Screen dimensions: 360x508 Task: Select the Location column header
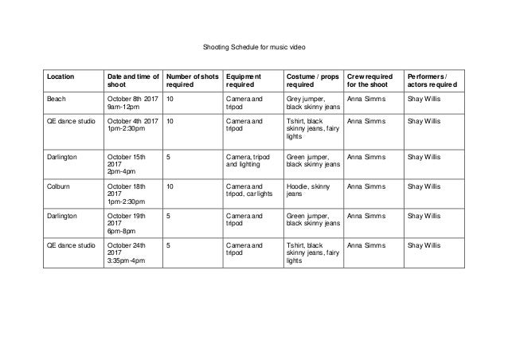pyautogui.click(x=62, y=76)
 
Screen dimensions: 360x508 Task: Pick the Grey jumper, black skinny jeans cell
pyautogui.click(x=312, y=104)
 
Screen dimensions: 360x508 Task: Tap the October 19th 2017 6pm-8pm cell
pyautogui.click(x=127, y=223)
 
